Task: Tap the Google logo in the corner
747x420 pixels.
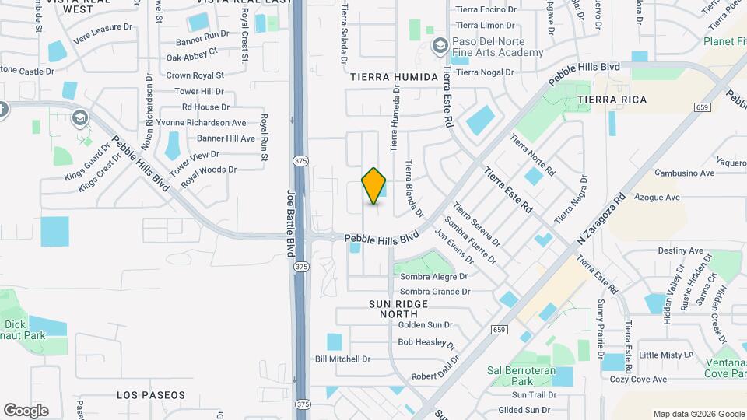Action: (x=26, y=411)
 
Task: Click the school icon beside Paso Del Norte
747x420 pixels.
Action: (x=440, y=47)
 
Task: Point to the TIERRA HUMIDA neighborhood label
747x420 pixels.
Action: (x=391, y=77)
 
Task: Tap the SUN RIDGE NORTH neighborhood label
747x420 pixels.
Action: (x=393, y=308)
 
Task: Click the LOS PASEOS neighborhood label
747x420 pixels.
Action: (x=151, y=395)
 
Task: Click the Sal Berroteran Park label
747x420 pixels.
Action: (x=521, y=376)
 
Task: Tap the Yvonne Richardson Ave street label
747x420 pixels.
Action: (x=201, y=123)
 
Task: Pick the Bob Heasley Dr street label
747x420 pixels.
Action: (x=426, y=342)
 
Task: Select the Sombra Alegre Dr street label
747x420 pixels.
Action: (x=433, y=276)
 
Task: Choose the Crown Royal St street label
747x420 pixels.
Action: (x=195, y=75)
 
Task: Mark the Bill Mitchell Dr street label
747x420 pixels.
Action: (x=342, y=359)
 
